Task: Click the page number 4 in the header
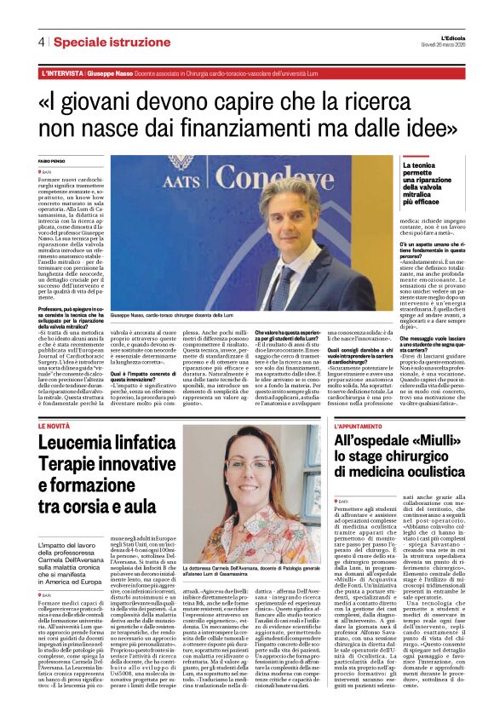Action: pyautogui.click(x=40, y=41)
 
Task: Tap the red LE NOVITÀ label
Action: pyautogui.click(x=55, y=424)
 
